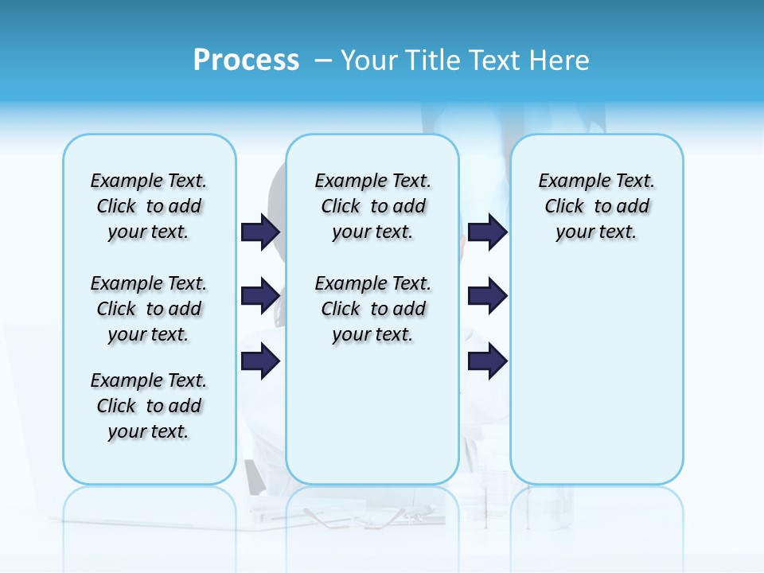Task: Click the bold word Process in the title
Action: pyautogui.click(x=246, y=60)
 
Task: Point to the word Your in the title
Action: pyautogui.click(x=370, y=60)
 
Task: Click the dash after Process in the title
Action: pyautogui.click(x=323, y=60)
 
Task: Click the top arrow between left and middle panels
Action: pyautogui.click(x=260, y=232)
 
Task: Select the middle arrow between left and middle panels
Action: pyautogui.click(x=260, y=296)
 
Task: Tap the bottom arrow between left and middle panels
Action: pyautogui.click(x=260, y=361)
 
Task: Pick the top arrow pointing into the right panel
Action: pyautogui.click(x=488, y=232)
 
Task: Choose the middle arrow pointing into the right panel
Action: pyautogui.click(x=488, y=296)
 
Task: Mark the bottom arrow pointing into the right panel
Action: pyautogui.click(x=488, y=361)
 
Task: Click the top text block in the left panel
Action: pyautogui.click(x=149, y=206)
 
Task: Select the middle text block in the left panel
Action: pyautogui.click(x=149, y=309)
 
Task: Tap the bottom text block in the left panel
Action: pyautogui.click(x=149, y=406)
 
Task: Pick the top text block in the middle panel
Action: pyautogui.click(x=373, y=206)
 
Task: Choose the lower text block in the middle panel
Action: pyautogui.click(x=373, y=309)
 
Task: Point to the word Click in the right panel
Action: pyautogui.click(x=564, y=207)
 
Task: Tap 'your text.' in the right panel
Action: pyautogui.click(x=596, y=232)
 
